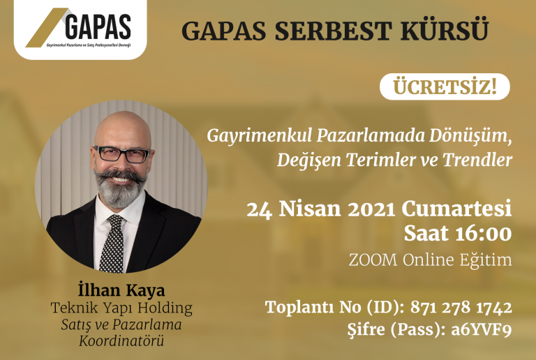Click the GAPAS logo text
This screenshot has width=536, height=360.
click(x=98, y=27)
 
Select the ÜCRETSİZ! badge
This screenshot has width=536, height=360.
click(x=445, y=87)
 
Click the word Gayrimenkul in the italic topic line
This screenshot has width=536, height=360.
click(x=260, y=136)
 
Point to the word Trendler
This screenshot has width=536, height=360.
click(x=477, y=160)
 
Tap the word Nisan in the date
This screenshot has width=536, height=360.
click(x=310, y=209)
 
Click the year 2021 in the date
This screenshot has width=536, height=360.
click(x=371, y=209)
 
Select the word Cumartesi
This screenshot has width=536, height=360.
click(x=456, y=209)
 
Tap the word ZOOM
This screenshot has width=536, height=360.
click(x=373, y=260)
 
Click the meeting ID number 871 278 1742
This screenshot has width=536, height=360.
click(x=461, y=308)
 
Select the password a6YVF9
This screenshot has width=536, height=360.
click(x=482, y=330)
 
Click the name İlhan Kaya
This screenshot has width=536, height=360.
click(x=121, y=290)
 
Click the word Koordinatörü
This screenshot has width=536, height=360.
click(x=121, y=340)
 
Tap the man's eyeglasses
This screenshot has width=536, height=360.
click(x=121, y=154)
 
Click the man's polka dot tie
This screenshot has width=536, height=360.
click(x=112, y=243)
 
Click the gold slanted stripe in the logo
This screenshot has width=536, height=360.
click(x=47, y=28)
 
